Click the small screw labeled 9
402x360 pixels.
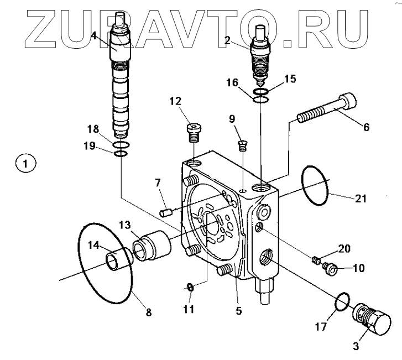coord(242,145)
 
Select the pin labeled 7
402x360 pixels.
coord(165,211)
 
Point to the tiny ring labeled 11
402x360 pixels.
coord(189,286)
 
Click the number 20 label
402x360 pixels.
coord(343,249)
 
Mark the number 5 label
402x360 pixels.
coord(238,311)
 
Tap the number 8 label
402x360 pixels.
coord(148,312)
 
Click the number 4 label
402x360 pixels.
coord(94,36)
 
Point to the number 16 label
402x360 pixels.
coord(232,83)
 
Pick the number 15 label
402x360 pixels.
coord(290,79)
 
